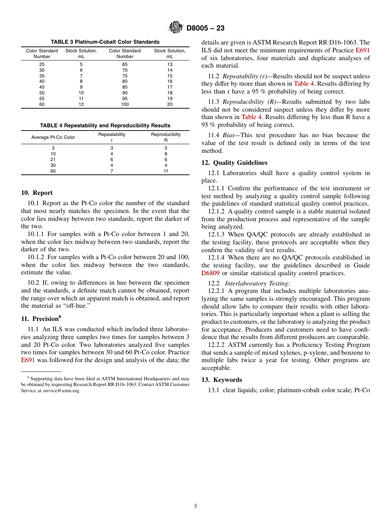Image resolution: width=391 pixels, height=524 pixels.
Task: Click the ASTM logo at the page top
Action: tap(176, 28)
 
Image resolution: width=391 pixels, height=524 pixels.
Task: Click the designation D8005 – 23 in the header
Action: tap(205, 28)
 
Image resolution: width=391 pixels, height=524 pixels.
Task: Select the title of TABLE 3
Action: tap(105, 42)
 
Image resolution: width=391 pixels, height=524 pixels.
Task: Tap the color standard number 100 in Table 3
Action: tap(125, 105)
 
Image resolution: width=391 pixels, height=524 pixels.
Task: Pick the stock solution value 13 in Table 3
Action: tap(170, 64)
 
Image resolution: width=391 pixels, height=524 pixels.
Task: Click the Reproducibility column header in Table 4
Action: tap(165, 137)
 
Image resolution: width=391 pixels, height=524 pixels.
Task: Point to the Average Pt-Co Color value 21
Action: tap(53, 159)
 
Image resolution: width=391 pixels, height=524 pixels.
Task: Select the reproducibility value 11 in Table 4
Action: tap(165, 171)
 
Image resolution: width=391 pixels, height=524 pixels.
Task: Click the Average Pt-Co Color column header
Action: tap(53, 137)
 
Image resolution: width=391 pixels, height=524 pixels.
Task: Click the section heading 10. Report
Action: tap(37, 193)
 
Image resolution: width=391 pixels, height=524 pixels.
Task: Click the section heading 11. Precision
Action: tap(41, 318)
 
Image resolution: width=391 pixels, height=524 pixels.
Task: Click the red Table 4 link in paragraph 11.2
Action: tap(304, 84)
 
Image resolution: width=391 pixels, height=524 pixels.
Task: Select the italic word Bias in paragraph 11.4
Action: tap(229, 135)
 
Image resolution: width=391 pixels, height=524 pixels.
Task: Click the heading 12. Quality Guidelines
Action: tap(234, 163)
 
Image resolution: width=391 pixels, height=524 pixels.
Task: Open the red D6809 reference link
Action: tap(210, 273)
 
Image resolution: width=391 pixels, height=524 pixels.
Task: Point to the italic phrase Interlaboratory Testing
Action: tap(257, 283)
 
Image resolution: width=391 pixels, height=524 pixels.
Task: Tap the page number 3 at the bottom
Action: tap(195, 506)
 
